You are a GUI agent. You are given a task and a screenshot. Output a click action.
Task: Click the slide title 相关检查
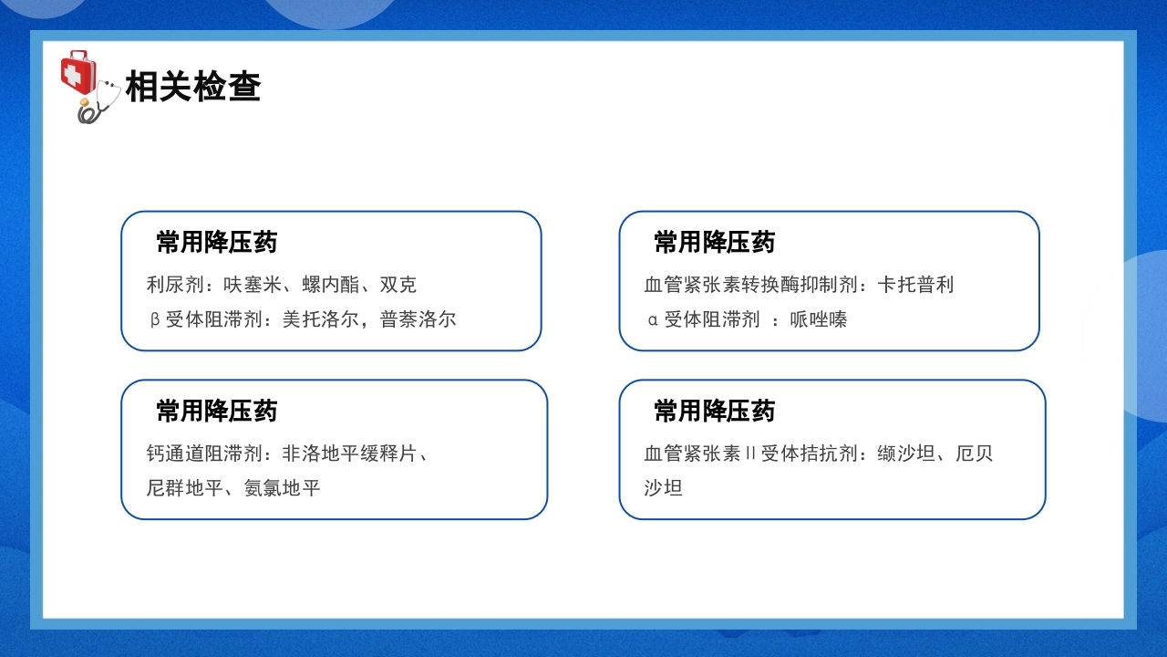[193, 87]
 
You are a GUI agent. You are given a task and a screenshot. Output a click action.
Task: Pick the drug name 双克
[398, 285]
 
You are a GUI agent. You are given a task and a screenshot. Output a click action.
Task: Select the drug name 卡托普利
[915, 285]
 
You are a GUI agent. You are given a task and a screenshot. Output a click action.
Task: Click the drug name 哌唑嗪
[819, 319]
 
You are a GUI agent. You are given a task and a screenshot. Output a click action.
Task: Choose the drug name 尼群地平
[184, 488]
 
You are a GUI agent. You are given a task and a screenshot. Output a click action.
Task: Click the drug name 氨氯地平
[282, 488]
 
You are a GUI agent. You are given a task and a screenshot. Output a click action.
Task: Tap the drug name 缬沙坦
[906, 454]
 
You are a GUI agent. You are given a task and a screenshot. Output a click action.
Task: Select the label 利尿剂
[175, 285]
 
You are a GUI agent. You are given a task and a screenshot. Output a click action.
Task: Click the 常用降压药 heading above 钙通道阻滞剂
[217, 411]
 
